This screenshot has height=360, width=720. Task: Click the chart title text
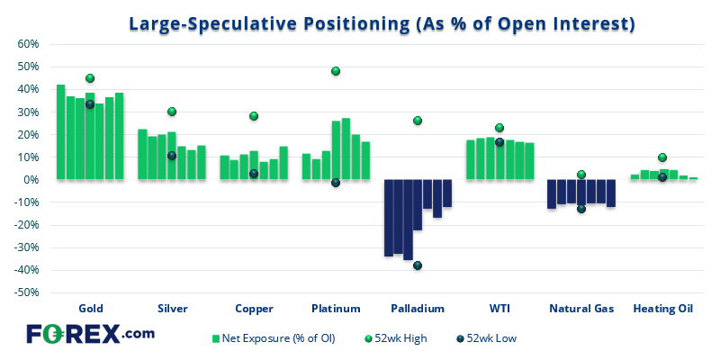click(382, 24)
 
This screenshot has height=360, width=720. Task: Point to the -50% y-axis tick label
click(25, 292)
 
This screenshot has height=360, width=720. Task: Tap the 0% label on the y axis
click(30, 180)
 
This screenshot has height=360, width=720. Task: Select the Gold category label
click(91, 308)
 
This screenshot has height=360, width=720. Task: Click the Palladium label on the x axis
click(418, 308)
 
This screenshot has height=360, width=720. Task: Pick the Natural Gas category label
click(581, 308)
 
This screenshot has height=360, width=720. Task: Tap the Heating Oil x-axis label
click(662, 308)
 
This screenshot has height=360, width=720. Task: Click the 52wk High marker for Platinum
click(336, 71)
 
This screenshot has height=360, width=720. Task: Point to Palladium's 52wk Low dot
click(418, 265)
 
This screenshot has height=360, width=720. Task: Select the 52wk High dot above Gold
click(90, 78)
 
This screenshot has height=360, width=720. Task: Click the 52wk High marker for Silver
click(172, 112)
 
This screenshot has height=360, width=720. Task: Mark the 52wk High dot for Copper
click(254, 116)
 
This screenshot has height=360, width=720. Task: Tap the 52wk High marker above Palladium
click(418, 121)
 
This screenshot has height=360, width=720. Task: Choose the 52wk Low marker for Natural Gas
click(581, 209)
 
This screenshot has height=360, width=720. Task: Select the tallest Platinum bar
click(346, 148)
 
